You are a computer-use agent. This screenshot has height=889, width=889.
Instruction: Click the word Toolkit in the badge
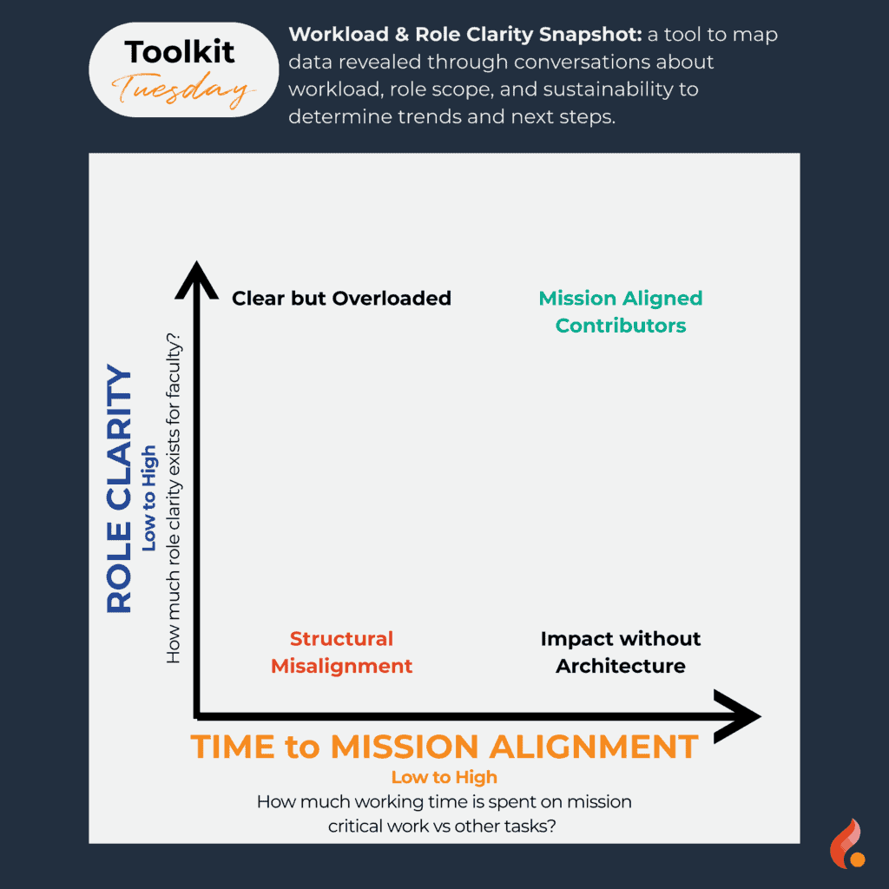179,52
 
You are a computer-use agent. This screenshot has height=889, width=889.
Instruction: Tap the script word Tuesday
183,90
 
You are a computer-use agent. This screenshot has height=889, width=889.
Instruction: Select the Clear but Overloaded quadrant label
341,299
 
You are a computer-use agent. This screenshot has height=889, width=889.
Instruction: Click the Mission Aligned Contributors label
620,312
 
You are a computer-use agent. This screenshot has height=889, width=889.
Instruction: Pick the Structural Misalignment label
341,652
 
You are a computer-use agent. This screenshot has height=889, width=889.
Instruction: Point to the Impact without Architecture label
620,652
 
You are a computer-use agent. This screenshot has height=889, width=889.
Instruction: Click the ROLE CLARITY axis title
119,489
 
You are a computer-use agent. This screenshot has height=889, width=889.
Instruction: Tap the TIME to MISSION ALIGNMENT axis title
444,746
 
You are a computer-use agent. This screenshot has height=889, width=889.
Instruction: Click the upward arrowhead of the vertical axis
196,280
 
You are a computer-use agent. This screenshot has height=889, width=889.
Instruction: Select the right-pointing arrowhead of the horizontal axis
737,716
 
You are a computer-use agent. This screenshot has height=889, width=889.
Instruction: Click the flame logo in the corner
847,844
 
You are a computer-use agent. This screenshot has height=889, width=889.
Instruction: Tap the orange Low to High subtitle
444,777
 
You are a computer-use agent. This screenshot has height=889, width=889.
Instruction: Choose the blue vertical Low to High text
148,497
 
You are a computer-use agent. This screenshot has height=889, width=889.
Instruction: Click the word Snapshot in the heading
590,35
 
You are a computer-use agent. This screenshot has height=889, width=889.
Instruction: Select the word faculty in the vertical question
173,368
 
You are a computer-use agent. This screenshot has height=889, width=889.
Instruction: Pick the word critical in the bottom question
351,826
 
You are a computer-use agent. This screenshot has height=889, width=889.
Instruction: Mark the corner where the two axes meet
197,716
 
